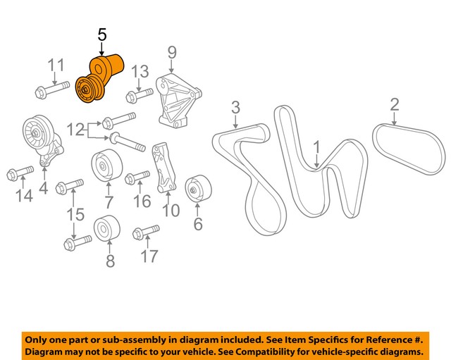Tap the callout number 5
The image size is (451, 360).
[x=102, y=35]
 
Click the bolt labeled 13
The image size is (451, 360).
[x=139, y=94]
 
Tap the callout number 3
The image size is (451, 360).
[x=235, y=107]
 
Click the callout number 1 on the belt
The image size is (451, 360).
[x=317, y=147]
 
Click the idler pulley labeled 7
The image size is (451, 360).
[x=106, y=166]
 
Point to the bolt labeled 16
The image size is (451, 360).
[x=137, y=178]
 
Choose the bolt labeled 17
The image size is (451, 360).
[x=146, y=232]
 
